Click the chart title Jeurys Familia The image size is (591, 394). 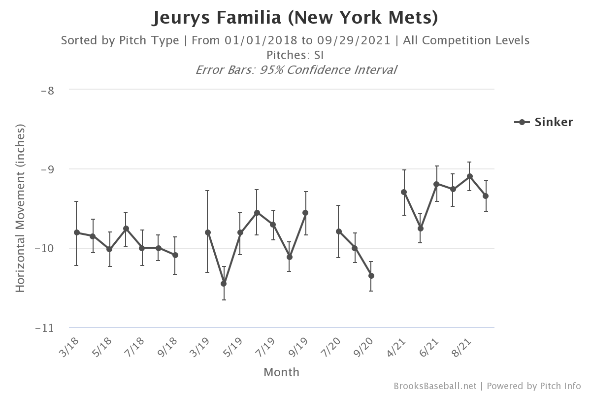click(x=295, y=18)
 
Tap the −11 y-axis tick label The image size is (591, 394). click(x=45, y=328)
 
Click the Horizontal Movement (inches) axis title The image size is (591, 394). click(x=20, y=208)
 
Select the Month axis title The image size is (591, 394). click(x=281, y=372)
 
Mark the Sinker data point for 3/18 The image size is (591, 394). click(x=76, y=232)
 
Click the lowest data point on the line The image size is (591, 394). click(x=224, y=284)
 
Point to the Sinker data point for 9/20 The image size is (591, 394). click(x=371, y=276)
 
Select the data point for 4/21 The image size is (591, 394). click(x=404, y=192)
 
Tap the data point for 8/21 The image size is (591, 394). click(x=470, y=176)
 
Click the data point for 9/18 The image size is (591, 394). click(x=175, y=255)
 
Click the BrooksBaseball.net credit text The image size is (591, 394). click(x=435, y=386)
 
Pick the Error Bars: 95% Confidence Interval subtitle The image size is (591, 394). click(x=295, y=69)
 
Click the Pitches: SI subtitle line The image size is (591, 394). click(x=295, y=55)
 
